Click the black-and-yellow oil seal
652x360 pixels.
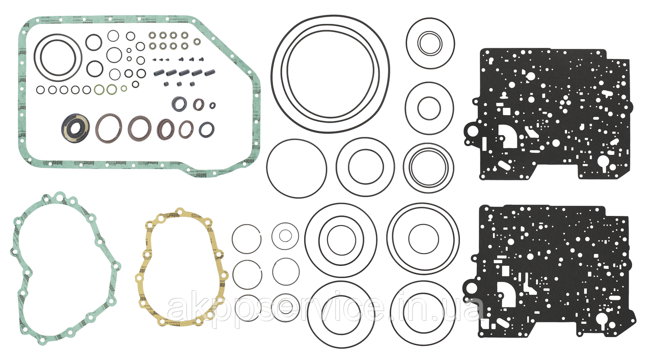tap(75, 127)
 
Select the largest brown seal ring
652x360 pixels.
tap(108, 127)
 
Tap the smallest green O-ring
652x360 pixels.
tap(123, 88)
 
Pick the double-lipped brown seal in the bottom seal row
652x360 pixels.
tap(166, 129)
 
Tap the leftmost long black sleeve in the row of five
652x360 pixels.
tap(158, 73)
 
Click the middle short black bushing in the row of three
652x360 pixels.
tap(179, 84)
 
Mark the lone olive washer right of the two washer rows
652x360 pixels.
tap(197, 41)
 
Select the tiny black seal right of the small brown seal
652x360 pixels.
tap(212, 105)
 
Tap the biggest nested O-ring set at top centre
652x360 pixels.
tap(330, 74)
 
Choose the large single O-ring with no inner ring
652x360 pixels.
tap(296, 169)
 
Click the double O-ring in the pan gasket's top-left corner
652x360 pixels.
tap(61, 58)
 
